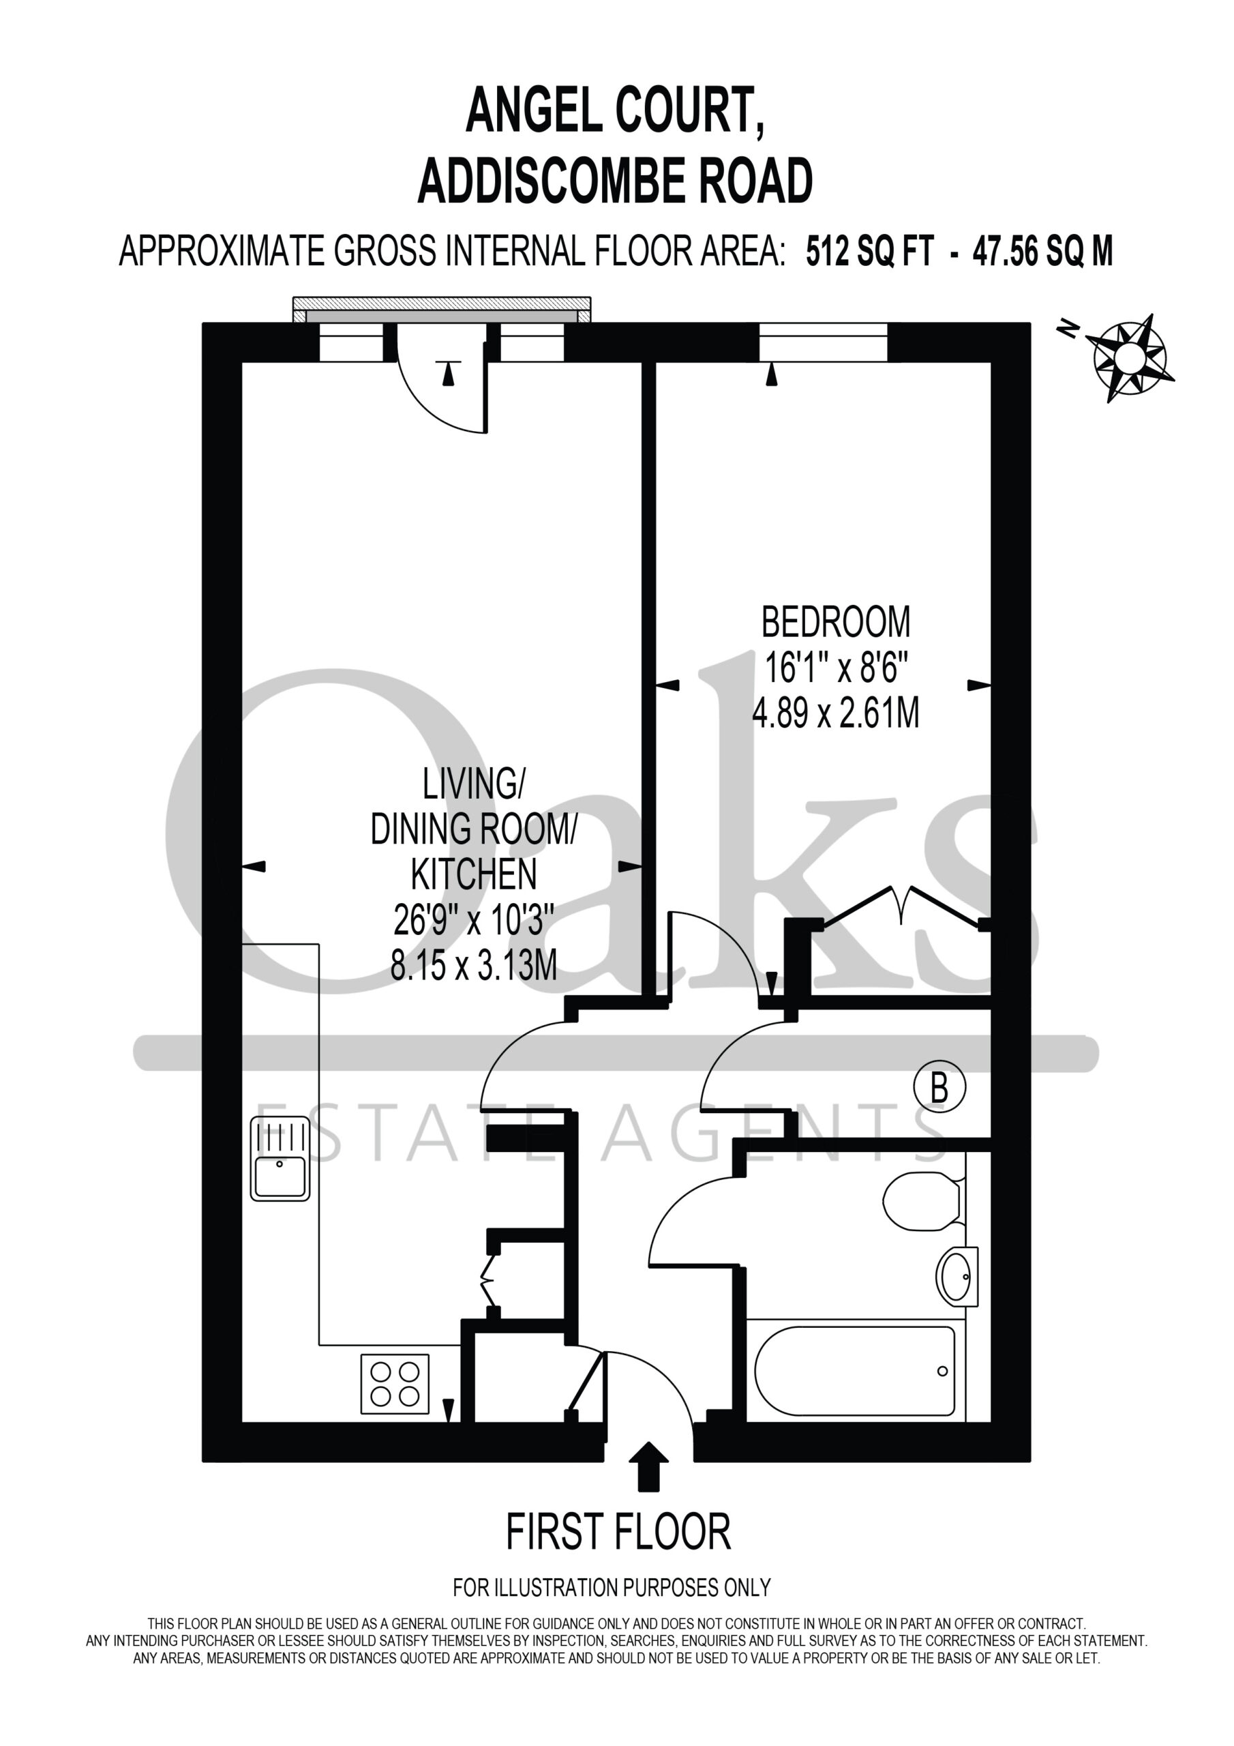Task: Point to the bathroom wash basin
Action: point(958,1276)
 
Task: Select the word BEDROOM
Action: point(836,622)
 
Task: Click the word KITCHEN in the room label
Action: point(474,874)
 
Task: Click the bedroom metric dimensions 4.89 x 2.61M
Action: point(836,713)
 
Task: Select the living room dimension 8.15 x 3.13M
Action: point(474,966)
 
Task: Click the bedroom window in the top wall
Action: point(824,343)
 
